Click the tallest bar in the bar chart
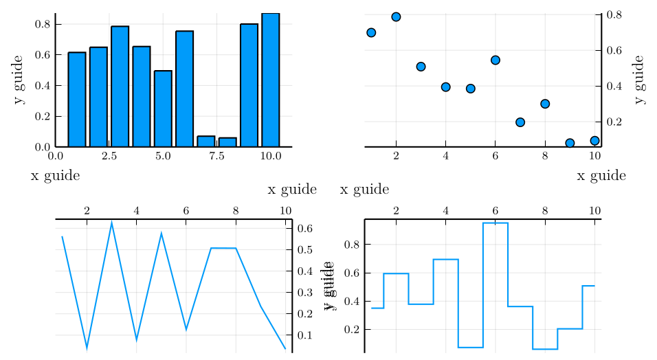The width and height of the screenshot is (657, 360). [x=270, y=80]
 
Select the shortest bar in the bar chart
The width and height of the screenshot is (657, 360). [x=227, y=142]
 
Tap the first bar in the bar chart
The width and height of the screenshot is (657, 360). [x=77, y=100]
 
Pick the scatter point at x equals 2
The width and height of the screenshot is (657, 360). [x=396, y=16]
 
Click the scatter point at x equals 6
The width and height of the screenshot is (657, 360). [x=495, y=60]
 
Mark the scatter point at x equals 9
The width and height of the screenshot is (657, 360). [x=570, y=143]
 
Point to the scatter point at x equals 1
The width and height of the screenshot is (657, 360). [x=371, y=32]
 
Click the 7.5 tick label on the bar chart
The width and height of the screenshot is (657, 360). [x=216, y=157]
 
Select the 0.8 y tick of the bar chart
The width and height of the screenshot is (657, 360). [x=42, y=24]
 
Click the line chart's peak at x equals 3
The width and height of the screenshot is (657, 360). [x=111, y=223]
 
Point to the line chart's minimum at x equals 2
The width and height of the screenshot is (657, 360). [x=87, y=348]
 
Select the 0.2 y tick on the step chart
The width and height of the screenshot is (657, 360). [x=351, y=330]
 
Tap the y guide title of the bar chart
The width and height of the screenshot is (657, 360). [x=19, y=80]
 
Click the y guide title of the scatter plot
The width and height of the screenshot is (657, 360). [x=640, y=80]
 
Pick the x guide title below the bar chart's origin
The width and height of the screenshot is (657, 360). [x=55, y=176]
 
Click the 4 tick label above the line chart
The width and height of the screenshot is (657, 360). [x=136, y=210]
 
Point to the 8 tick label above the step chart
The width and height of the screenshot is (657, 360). [x=545, y=210]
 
